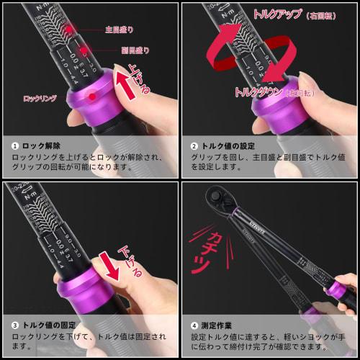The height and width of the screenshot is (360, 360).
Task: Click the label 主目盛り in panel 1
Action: pyautogui.click(x=120, y=30)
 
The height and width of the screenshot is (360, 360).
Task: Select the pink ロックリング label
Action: pyautogui.click(x=39, y=98)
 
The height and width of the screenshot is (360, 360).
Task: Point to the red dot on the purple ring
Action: pyautogui.click(x=92, y=96)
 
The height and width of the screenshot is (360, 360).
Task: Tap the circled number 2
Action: pyautogui.click(x=194, y=145)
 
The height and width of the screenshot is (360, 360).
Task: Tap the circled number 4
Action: pyautogui.click(x=194, y=323)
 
